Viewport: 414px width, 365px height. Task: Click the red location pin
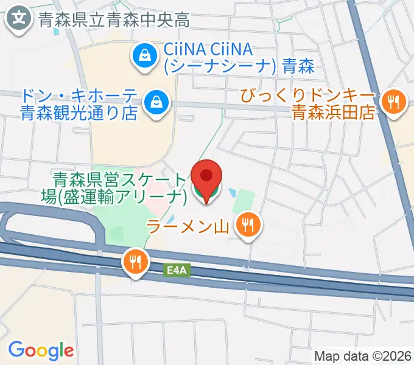[x=207, y=176]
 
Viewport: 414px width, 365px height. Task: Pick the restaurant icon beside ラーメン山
[x=247, y=226]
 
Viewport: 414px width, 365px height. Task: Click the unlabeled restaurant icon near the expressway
[x=135, y=262]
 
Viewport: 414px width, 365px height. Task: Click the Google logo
[x=41, y=350]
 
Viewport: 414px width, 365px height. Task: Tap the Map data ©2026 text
[x=362, y=355]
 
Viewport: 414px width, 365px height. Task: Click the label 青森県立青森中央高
[x=113, y=19]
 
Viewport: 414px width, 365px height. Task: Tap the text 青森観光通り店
[x=78, y=113]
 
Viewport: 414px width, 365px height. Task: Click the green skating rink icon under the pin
[x=207, y=193]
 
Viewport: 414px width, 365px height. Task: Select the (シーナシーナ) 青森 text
[x=239, y=66]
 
